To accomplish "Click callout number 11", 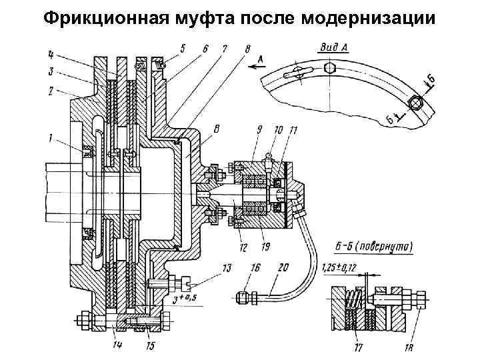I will pos(293,128).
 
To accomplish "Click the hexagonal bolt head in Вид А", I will pos(417,103).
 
